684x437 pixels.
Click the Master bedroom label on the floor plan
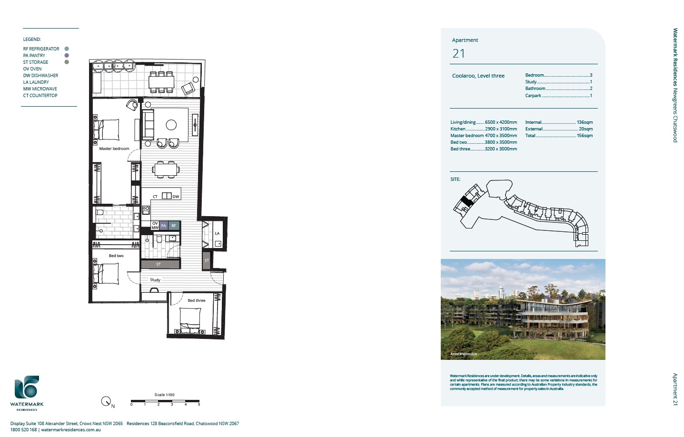tap(114, 149)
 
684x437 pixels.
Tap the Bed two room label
tap(116, 256)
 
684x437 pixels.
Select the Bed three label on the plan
tap(196, 300)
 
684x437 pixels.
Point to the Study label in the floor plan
tap(155, 280)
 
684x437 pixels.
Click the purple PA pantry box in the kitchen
tap(164, 226)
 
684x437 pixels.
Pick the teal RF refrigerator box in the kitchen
tap(174, 226)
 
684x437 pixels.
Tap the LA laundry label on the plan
tap(217, 233)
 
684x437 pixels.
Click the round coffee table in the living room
tap(171, 125)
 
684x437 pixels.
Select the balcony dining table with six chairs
tap(161, 82)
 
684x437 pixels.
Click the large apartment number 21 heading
tap(459, 54)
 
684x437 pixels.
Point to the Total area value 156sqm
tap(585, 136)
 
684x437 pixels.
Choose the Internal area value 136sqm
tap(585, 122)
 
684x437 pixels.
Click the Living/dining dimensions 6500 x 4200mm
tap(501, 122)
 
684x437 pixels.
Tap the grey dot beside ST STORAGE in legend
tap(67, 62)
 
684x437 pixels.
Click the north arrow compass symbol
tap(106, 401)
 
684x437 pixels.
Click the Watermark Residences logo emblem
tap(27, 387)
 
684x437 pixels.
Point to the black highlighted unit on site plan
tap(467, 201)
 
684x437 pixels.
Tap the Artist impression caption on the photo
tap(463, 354)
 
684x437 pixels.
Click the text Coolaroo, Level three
tap(478, 76)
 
